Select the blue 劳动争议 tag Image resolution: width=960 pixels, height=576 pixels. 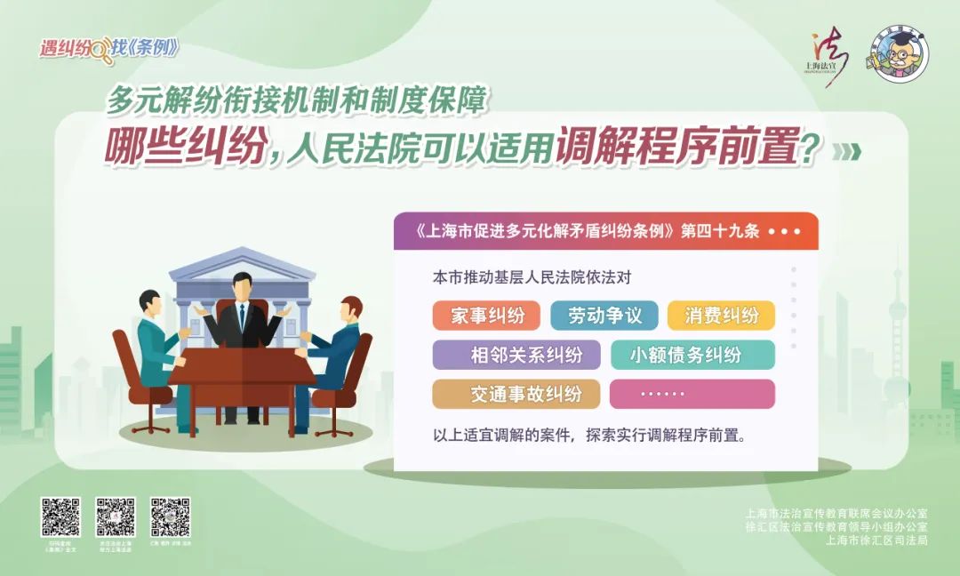tap(604, 316)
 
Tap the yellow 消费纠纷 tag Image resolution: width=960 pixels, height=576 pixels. tap(722, 316)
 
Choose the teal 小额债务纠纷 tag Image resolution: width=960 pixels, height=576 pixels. tap(692, 355)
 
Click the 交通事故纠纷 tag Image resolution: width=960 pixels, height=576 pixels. tap(516, 394)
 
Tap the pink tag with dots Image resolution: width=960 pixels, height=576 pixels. tap(692, 394)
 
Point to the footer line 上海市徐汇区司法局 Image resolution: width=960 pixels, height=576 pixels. tap(876, 540)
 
